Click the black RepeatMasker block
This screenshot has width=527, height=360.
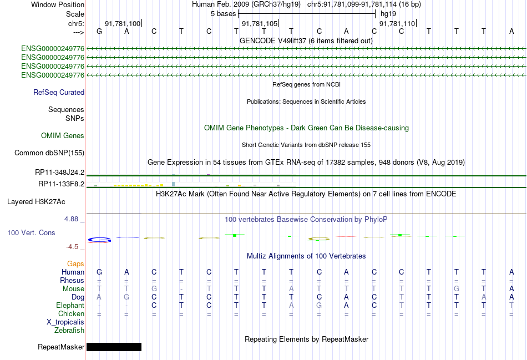(x=114, y=347)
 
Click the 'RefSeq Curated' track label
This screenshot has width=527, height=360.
(x=59, y=93)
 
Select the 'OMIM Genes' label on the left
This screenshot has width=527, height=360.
(x=63, y=135)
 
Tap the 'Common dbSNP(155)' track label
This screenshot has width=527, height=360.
(x=49, y=153)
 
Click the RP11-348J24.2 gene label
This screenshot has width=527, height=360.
(x=60, y=173)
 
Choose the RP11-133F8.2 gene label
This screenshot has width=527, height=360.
(x=62, y=184)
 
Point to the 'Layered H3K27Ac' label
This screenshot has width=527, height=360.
(x=36, y=202)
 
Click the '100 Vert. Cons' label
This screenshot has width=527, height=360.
(x=31, y=232)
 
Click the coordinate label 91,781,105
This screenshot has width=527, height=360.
(x=260, y=23)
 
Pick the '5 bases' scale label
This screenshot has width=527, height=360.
(x=224, y=14)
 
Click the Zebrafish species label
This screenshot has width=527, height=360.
(x=69, y=331)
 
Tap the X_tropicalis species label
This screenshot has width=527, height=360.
(x=65, y=322)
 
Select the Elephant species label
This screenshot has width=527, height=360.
(x=70, y=306)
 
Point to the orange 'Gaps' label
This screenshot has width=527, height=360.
(x=75, y=264)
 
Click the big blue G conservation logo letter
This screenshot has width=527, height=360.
(x=100, y=240)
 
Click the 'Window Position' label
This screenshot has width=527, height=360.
(x=58, y=4)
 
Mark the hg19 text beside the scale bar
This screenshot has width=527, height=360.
(x=388, y=14)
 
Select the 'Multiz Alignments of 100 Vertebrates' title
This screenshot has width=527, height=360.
(x=306, y=256)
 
